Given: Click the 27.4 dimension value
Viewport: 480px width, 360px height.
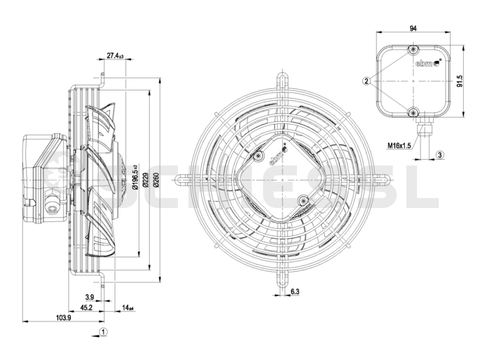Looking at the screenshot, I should tap(115, 55).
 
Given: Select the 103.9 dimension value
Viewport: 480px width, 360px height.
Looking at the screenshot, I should tap(63, 318).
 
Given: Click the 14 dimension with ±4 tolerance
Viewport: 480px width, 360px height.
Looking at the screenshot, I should tap(128, 307).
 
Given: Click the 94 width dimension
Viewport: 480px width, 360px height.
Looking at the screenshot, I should tap(413, 29).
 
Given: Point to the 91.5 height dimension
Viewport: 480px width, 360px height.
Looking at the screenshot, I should tap(460, 81).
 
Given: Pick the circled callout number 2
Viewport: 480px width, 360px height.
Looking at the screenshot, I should tap(366, 81).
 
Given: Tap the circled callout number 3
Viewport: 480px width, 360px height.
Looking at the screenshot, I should tap(439, 154).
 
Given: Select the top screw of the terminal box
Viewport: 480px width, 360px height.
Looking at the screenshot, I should tap(414, 50).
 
